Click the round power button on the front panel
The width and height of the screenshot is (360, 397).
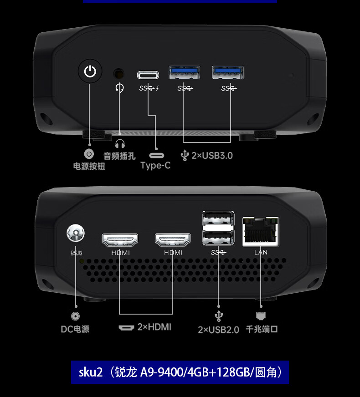[90, 71]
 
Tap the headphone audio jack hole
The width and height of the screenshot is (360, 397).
[118, 74]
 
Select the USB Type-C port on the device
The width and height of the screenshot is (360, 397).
[148, 75]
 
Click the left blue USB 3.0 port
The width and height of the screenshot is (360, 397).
[184, 72]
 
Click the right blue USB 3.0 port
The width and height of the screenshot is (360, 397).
[228, 72]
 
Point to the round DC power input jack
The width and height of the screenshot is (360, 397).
[76, 233]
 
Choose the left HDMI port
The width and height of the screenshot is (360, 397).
[120, 240]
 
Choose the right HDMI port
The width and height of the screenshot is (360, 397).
[173, 240]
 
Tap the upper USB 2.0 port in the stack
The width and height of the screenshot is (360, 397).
[218, 218]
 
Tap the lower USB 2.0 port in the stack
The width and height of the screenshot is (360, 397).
[218, 238]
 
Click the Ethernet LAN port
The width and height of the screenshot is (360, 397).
[261, 232]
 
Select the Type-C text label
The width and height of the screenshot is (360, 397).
[155, 165]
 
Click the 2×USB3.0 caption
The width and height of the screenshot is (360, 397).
[212, 155]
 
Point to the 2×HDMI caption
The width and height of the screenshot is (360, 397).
[154, 327]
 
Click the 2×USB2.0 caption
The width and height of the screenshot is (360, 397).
[218, 330]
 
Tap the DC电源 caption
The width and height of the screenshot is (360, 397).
[75, 329]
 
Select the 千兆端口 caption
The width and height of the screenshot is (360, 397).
[262, 329]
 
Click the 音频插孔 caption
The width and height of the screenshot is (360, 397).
[119, 156]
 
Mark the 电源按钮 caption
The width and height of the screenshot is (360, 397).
[89, 166]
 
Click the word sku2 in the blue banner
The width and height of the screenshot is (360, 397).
[91, 372]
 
